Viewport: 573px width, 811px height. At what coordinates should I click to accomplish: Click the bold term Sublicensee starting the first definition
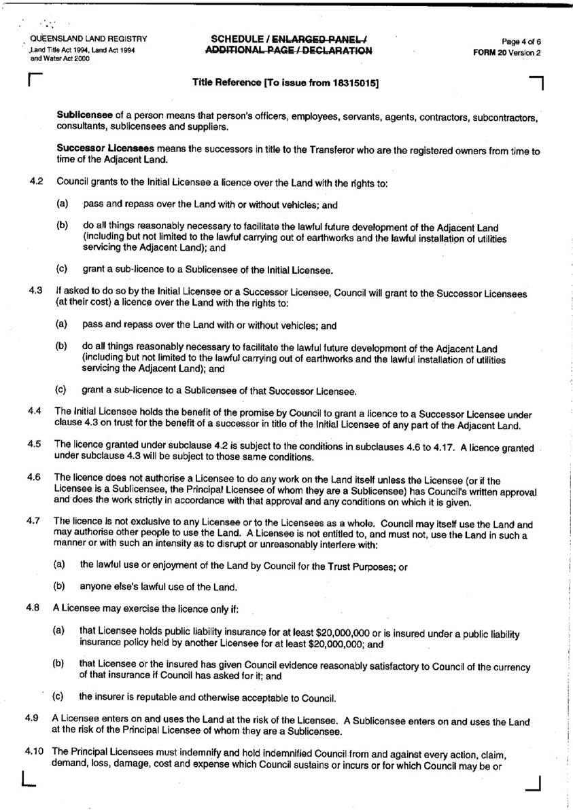coord(83,116)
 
